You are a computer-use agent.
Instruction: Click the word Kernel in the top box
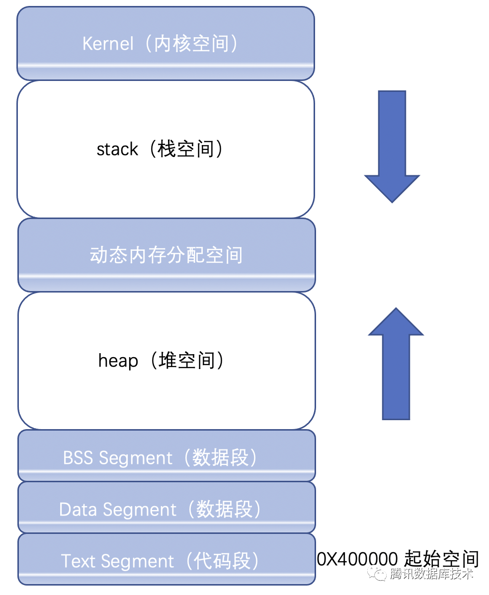[108, 44]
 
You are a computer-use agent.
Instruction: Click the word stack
[117, 149]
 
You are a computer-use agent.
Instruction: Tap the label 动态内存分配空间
[166, 255]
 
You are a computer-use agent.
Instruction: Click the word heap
[118, 361]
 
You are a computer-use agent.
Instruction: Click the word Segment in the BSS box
[135, 457]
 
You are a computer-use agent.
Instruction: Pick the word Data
[78, 510]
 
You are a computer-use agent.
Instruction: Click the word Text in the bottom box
[78, 561]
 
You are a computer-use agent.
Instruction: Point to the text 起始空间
[442, 559]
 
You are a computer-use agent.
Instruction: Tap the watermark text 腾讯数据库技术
[431, 575]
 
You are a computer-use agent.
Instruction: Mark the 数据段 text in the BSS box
[220, 457]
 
